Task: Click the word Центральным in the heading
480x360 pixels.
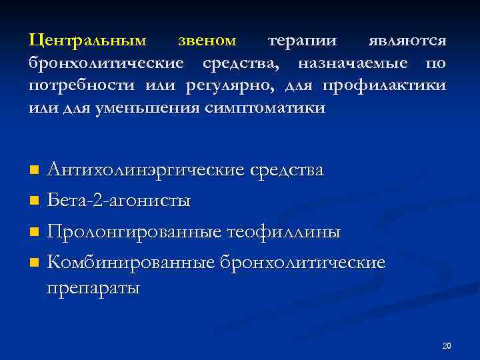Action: click(87, 41)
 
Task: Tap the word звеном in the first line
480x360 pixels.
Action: click(207, 41)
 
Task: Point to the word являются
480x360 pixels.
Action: click(408, 41)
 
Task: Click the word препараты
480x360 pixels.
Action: click(93, 288)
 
